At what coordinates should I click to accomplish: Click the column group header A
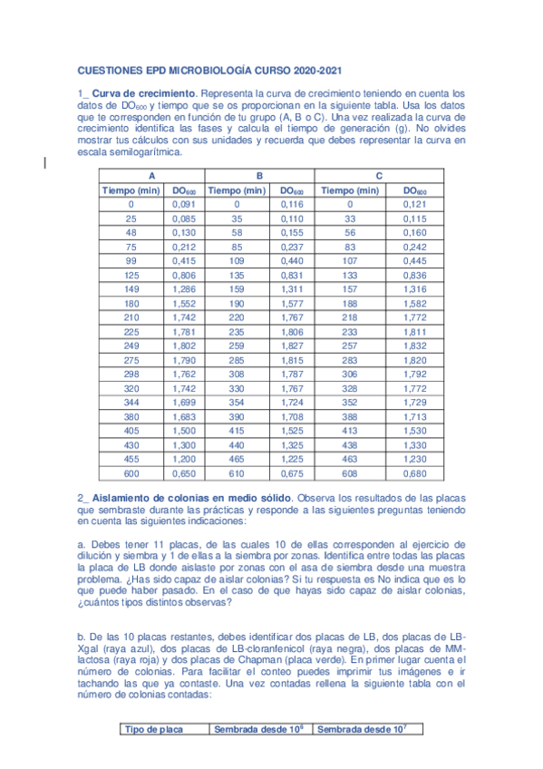[x=151, y=176]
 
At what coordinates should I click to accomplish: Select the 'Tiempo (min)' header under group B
[x=237, y=190]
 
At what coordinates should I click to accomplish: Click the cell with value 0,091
[x=183, y=205]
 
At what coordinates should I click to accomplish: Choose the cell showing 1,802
[x=183, y=347]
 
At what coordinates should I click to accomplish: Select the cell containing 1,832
[x=414, y=347]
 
